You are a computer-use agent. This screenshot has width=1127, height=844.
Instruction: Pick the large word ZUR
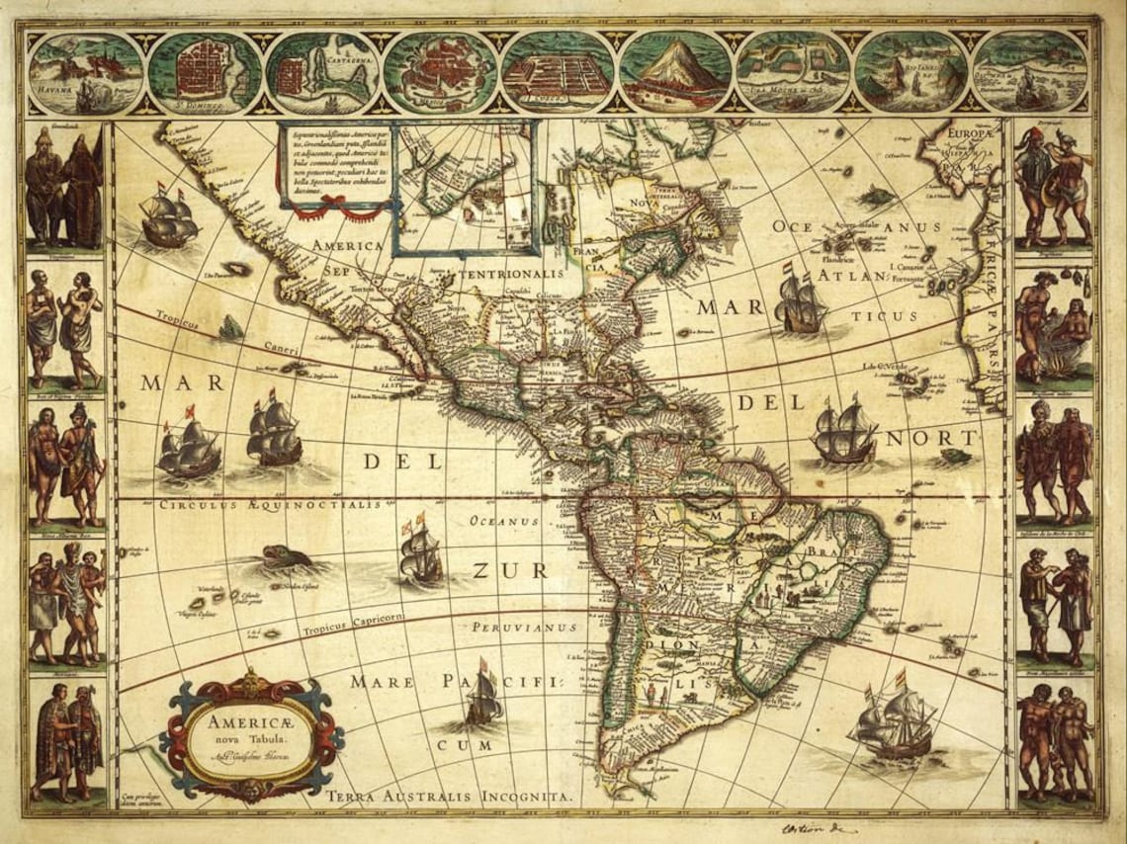(508, 570)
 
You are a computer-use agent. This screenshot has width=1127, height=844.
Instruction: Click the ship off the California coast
(169, 218)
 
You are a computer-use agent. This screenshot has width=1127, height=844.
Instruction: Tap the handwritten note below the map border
(817, 828)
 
